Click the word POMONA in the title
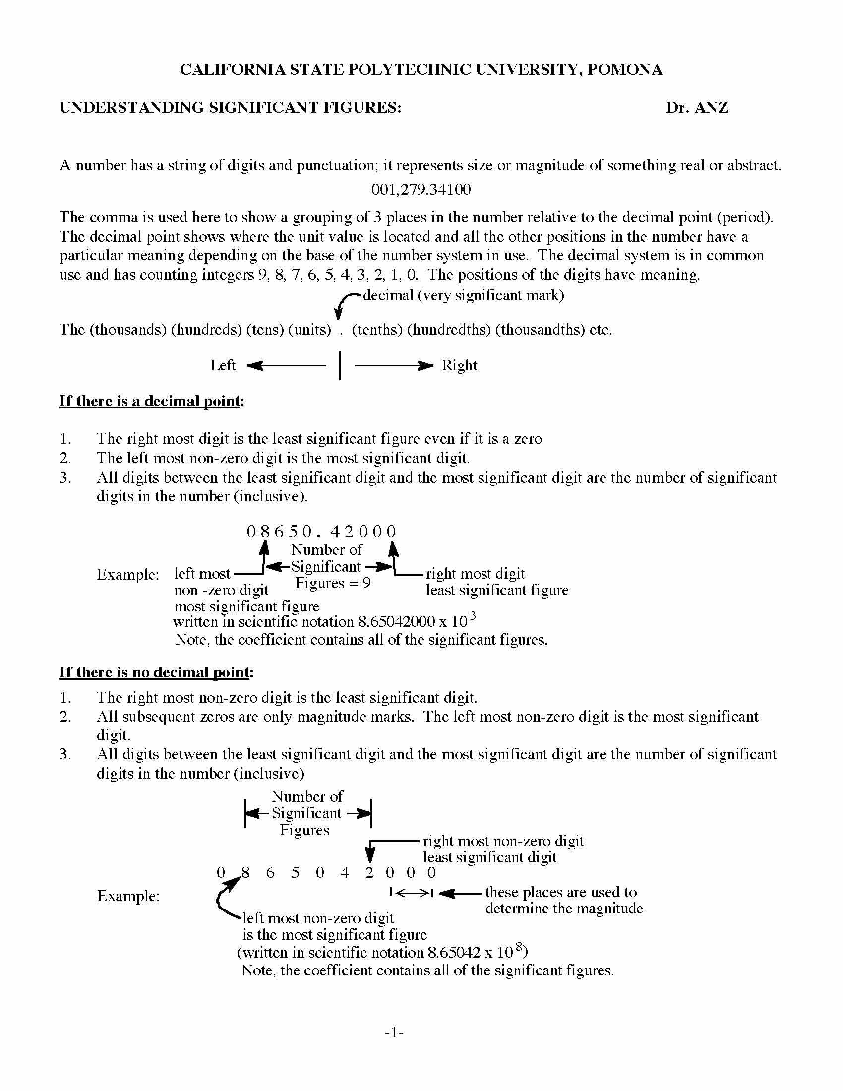(625, 69)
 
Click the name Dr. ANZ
(697, 108)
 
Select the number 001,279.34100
(421, 190)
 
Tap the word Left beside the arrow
(222, 365)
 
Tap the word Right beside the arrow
(460, 365)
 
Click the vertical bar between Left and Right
(340, 365)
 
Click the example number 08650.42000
(322, 531)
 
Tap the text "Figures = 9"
(333, 583)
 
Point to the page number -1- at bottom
(394, 1032)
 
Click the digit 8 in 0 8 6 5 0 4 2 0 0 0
(245, 873)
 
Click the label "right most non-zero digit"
(503, 841)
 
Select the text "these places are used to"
(561, 892)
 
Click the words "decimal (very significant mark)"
(464, 295)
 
